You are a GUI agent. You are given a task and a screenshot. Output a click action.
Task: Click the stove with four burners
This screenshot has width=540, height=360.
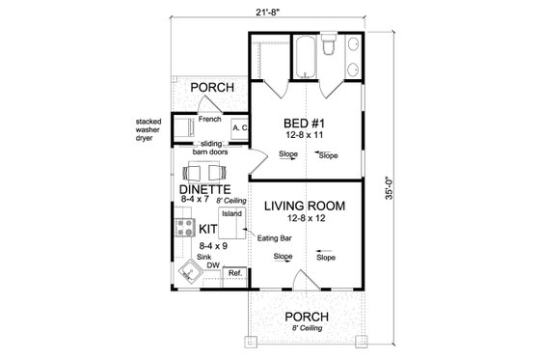(183, 228)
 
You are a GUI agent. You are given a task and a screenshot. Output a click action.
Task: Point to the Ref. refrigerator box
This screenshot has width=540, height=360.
(234, 274)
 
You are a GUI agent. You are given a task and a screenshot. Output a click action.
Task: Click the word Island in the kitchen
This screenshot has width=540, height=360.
(231, 214)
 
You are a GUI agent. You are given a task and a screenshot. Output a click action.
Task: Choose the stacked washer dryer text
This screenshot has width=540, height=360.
(152, 129)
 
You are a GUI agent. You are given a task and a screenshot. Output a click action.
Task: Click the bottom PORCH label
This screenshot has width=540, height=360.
(306, 317)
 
